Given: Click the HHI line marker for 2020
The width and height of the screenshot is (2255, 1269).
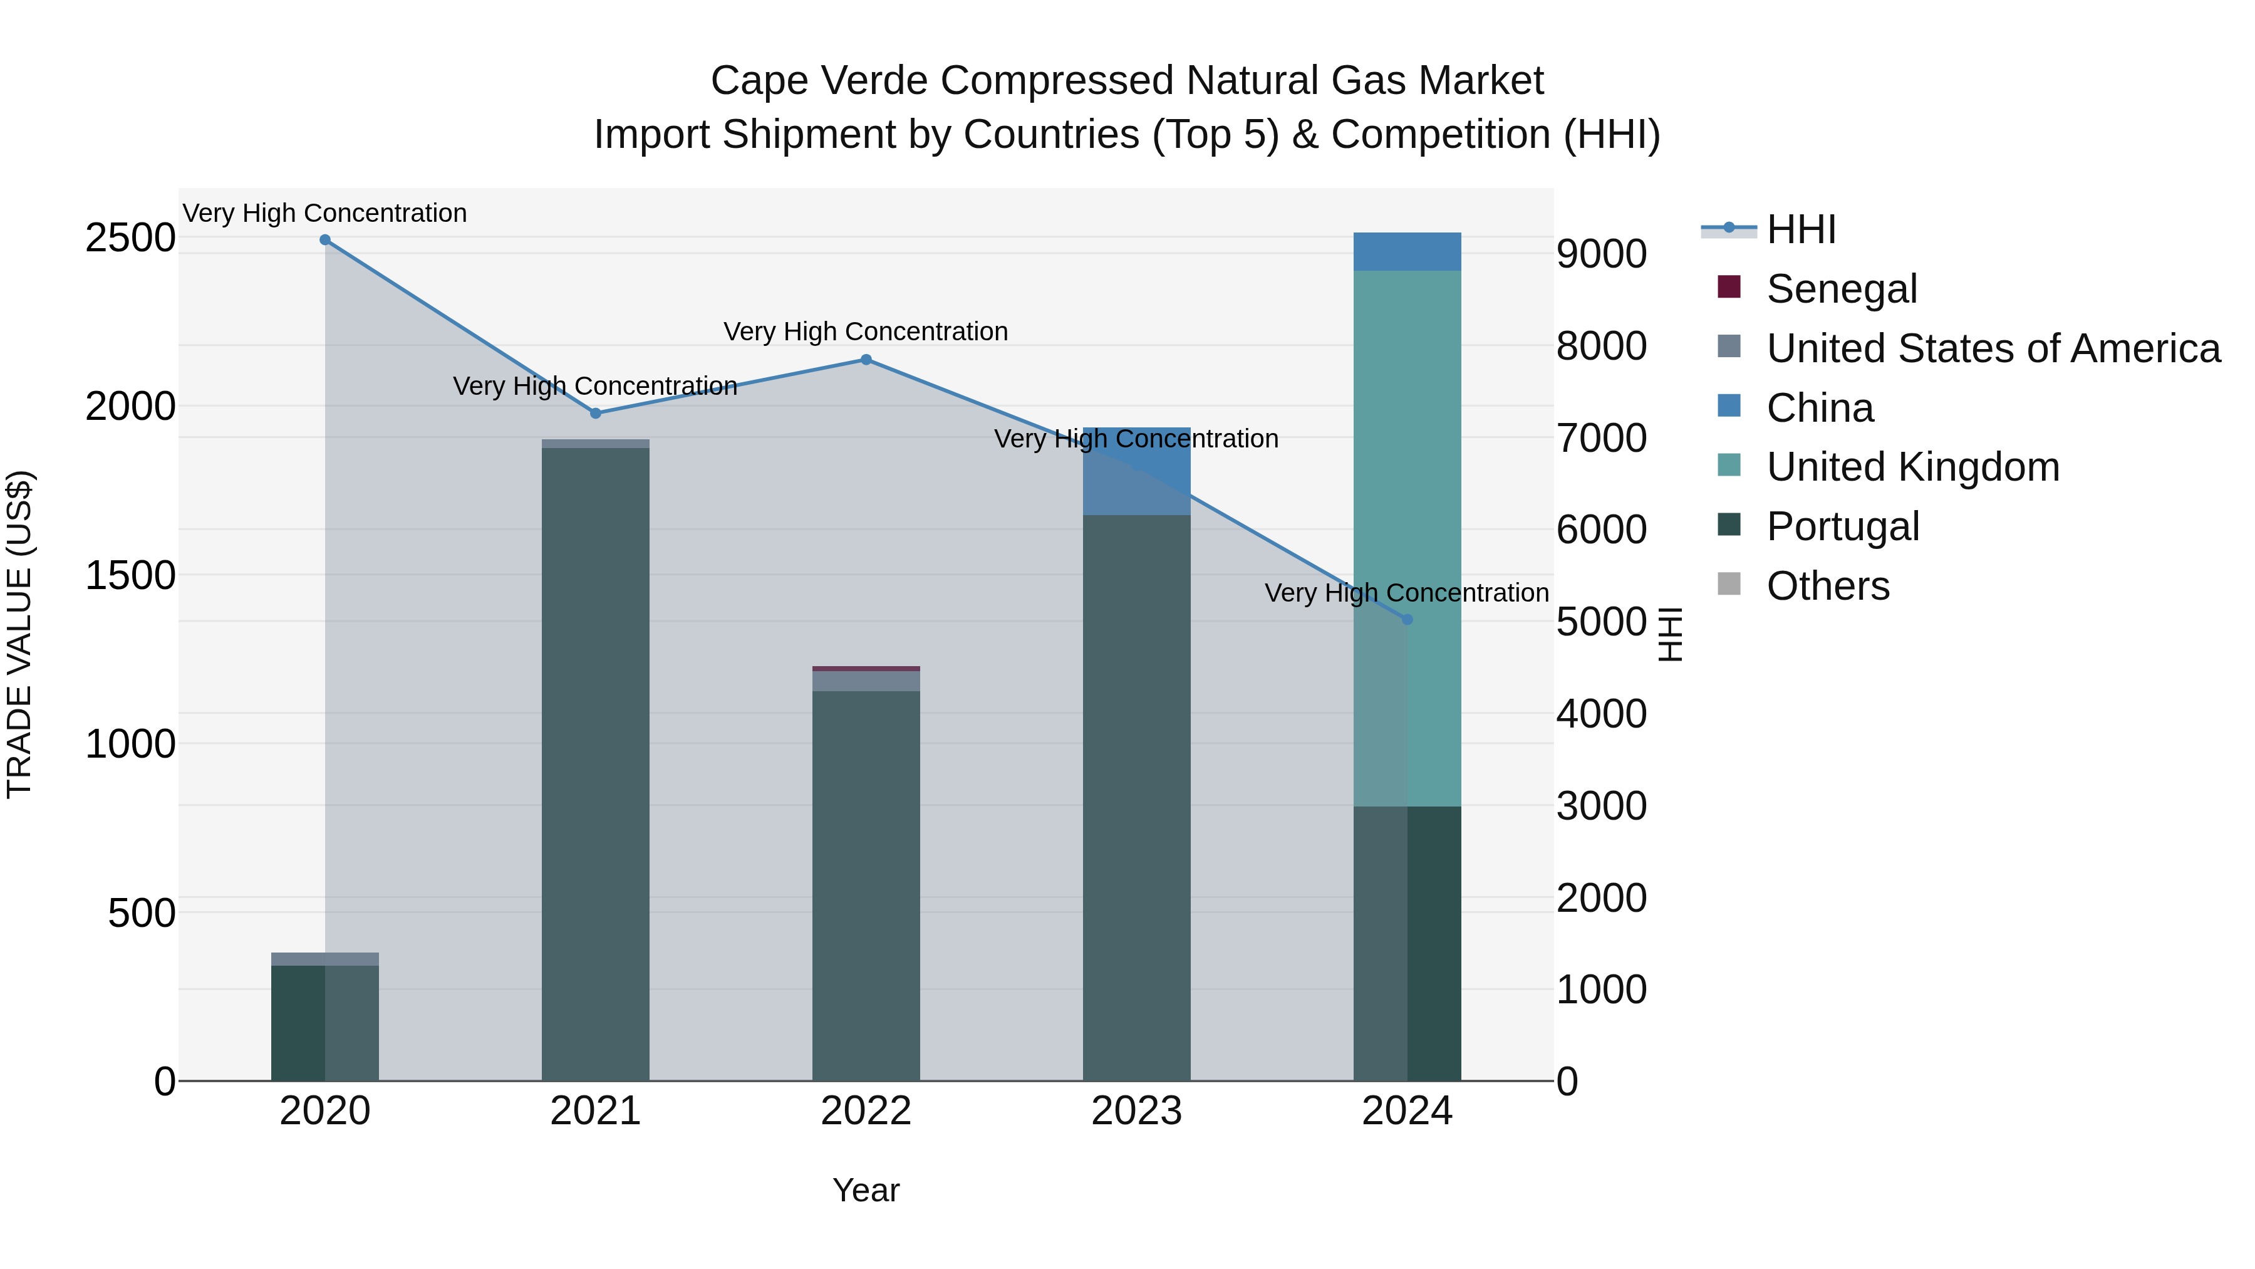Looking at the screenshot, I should (324, 240).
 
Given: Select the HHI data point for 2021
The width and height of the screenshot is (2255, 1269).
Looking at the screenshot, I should (595, 414).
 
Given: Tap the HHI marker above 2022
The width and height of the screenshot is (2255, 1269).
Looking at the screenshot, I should (866, 359).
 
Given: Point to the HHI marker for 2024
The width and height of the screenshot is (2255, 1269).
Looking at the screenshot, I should (1407, 619).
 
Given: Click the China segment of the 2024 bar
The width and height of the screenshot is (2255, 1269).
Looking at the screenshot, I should (1407, 251).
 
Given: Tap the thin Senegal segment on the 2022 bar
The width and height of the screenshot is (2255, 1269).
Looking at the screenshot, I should (866, 668).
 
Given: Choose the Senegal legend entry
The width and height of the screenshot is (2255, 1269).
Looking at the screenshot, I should (1841, 289).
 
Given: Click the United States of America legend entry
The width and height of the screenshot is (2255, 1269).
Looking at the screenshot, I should (1993, 348).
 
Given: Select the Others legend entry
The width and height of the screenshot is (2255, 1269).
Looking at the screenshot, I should (1827, 586).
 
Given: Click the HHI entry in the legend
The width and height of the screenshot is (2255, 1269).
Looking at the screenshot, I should (1801, 229).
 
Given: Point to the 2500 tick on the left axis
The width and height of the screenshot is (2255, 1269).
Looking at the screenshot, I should (130, 238).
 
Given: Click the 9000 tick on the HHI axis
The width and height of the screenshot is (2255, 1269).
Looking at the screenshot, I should (1601, 254).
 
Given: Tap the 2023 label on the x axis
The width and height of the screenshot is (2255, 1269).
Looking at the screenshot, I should (1136, 1111).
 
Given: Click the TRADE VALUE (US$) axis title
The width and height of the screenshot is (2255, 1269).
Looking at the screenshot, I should (19, 634).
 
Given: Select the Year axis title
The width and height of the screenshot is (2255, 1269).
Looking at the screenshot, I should (866, 1190).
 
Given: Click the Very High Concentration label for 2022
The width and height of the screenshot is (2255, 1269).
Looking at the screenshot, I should (866, 332).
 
